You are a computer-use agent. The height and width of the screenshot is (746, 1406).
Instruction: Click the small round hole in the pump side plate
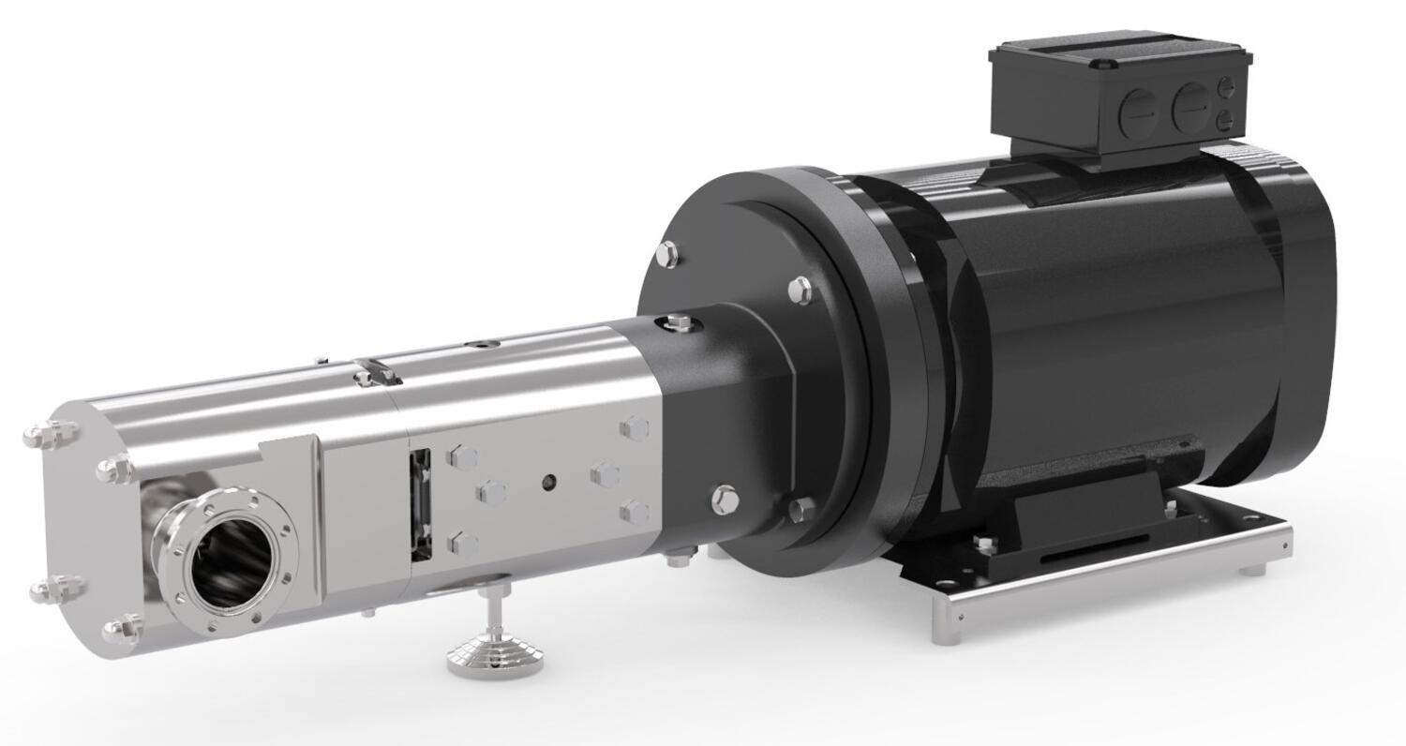(x=548, y=482)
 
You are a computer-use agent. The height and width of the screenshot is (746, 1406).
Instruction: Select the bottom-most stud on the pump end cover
(x=123, y=629)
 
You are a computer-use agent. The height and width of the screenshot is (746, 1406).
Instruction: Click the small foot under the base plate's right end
(x=1253, y=569)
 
